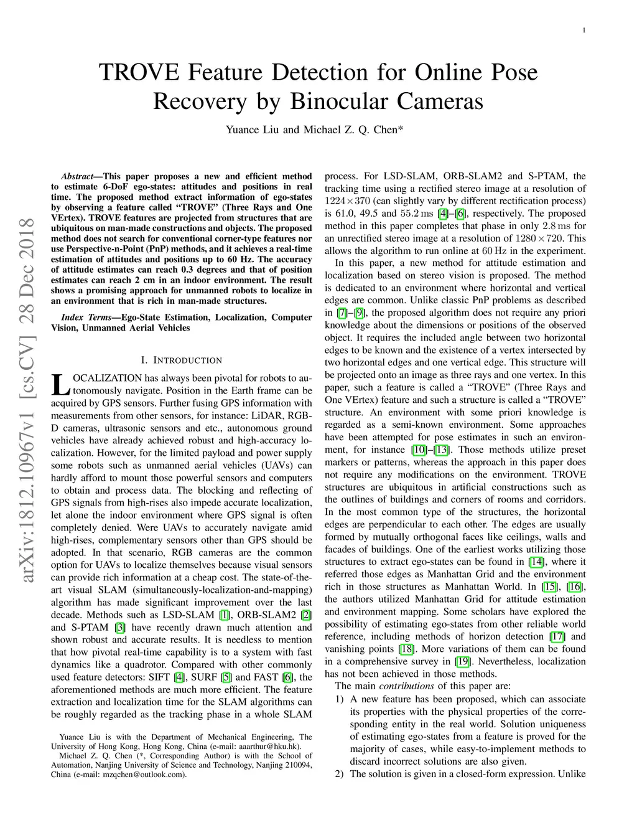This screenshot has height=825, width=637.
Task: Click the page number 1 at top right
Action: click(x=585, y=31)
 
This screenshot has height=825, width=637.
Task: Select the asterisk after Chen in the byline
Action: click(x=401, y=130)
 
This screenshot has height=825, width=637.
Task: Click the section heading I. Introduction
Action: click(x=181, y=360)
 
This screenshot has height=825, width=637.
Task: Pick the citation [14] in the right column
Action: click(x=537, y=562)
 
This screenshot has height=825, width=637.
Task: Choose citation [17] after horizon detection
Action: click(x=557, y=636)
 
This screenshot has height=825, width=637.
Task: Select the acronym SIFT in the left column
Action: click(x=159, y=677)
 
